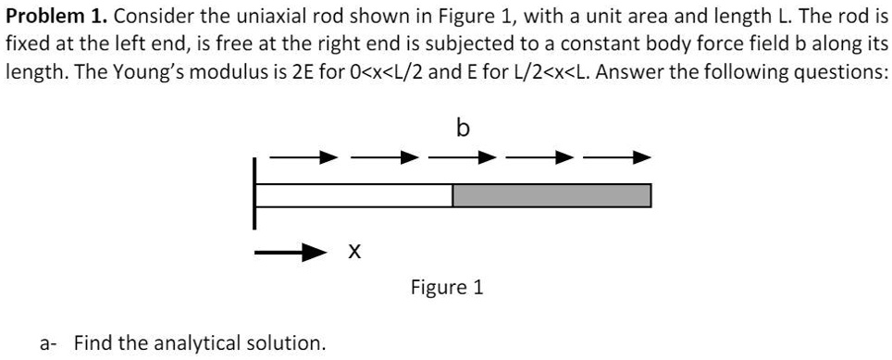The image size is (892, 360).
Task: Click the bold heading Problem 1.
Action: [56, 17]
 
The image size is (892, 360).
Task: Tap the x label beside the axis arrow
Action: [353, 251]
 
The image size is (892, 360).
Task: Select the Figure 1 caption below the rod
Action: [447, 288]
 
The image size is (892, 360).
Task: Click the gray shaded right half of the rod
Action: [551, 196]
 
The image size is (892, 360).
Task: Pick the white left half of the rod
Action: [353, 196]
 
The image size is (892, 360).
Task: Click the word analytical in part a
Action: [187, 343]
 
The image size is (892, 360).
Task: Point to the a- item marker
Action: [46, 343]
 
